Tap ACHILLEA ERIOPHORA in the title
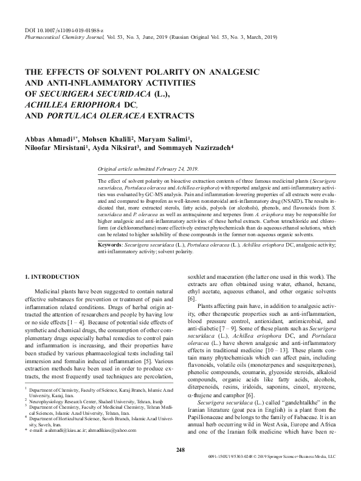[x=69, y=104]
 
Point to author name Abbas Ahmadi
[x=49, y=137]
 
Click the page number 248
[x=180, y=466]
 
